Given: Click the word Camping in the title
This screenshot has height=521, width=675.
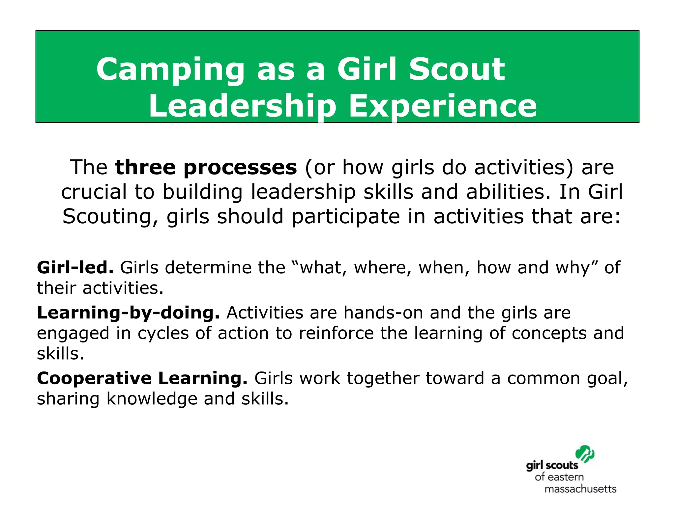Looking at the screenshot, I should click(x=170, y=70).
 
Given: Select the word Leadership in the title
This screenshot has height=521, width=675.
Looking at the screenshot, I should click(x=242, y=106).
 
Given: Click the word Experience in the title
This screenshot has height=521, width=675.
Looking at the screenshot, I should click(x=443, y=106).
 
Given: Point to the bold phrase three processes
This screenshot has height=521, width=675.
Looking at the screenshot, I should click(x=206, y=167).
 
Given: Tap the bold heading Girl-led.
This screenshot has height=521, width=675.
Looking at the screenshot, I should click(x=75, y=267).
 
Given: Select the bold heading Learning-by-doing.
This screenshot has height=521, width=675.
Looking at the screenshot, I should click(x=128, y=313).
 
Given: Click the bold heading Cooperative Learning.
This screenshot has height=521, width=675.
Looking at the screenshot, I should click(x=142, y=378).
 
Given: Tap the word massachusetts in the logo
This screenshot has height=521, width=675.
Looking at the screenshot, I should click(x=580, y=489).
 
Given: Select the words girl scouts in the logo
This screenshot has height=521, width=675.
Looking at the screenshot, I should click(x=552, y=466).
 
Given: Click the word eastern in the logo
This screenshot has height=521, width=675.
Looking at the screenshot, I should click(x=566, y=477).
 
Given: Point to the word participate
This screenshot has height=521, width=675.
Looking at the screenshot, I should click(x=346, y=217).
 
